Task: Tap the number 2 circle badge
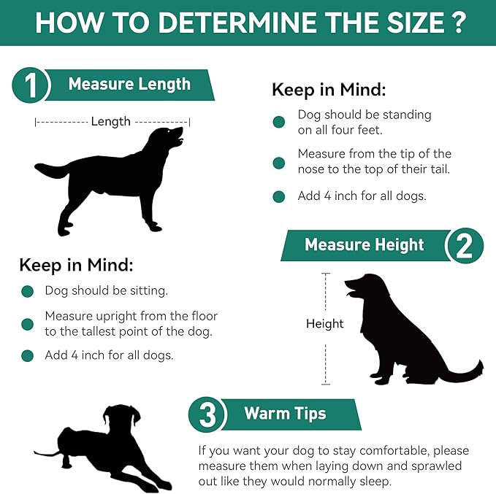pyautogui.click(x=465, y=246)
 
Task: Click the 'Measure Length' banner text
pyautogui.click(x=130, y=85)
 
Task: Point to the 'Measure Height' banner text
pyautogui.click(x=364, y=245)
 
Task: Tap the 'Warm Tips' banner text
pyautogui.click(x=285, y=414)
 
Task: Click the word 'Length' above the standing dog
pyautogui.click(x=111, y=122)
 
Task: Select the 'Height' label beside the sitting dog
pyautogui.click(x=324, y=323)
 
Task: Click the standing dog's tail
pyautogui.click(x=51, y=170)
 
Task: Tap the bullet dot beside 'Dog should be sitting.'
pyautogui.click(x=28, y=291)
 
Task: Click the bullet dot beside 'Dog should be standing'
pyautogui.click(x=279, y=122)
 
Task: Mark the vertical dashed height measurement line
pyautogui.click(x=326, y=328)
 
